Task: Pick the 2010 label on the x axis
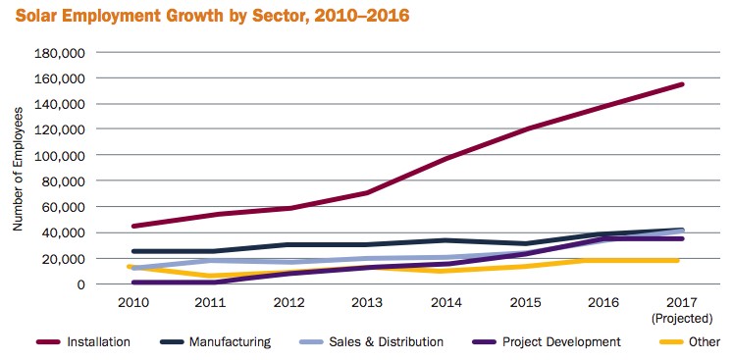pyautogui.click(x=132, y=302)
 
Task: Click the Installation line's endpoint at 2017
pyautogui.click(x=682, y=84)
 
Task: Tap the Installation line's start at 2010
pyautogui.click(x=132, y=226)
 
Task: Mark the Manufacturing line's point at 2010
pyautogui.click(x=132, y=251)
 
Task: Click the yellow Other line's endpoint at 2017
pyautogui.click(x=682, y=260)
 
